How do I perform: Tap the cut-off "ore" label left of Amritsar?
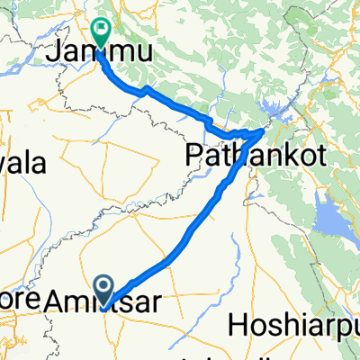pyautogui.click(x=14, y=305)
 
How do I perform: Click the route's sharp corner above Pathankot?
pyautogui.click(x=263, y=131)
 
